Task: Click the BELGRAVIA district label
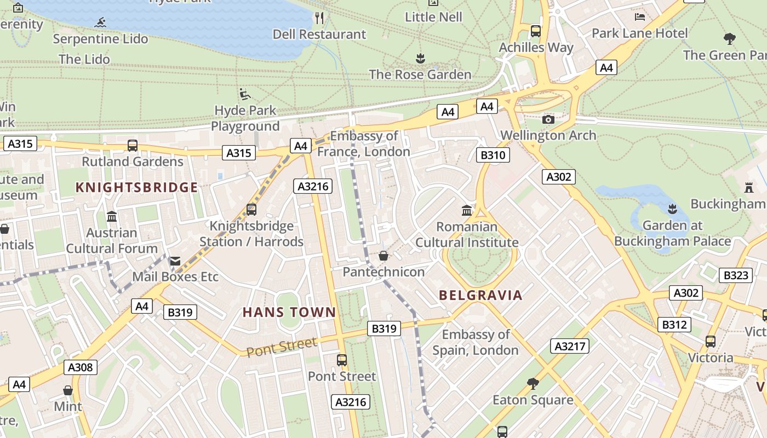[x=480, y=296]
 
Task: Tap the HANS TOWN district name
[x=289, y=313]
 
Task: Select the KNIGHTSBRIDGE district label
[x=136, y=188]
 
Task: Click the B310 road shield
[x=493, y=155]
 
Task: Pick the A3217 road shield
[x=570, y=346]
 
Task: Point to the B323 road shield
[x=735, y=275]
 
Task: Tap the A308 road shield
[x=81, y=367]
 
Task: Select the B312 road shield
[x=674, y=325]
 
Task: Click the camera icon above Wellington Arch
[x=548, y=119]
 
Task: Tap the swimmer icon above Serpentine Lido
[x=100, y=23]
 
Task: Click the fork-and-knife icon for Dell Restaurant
[x=319, y=18]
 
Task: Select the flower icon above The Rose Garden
[x=420, y=58]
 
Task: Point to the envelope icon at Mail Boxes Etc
[x=175, y=261]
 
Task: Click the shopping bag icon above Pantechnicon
[x=383, y=256]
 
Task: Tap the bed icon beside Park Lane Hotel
[x=639, y=17]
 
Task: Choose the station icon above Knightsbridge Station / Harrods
[x=251, y=210]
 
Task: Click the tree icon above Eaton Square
[x=533, y=384]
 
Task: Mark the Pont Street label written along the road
[x=282, y=347]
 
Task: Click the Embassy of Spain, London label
[x=476, y=342]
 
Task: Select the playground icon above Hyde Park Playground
[x=245, y=94]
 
